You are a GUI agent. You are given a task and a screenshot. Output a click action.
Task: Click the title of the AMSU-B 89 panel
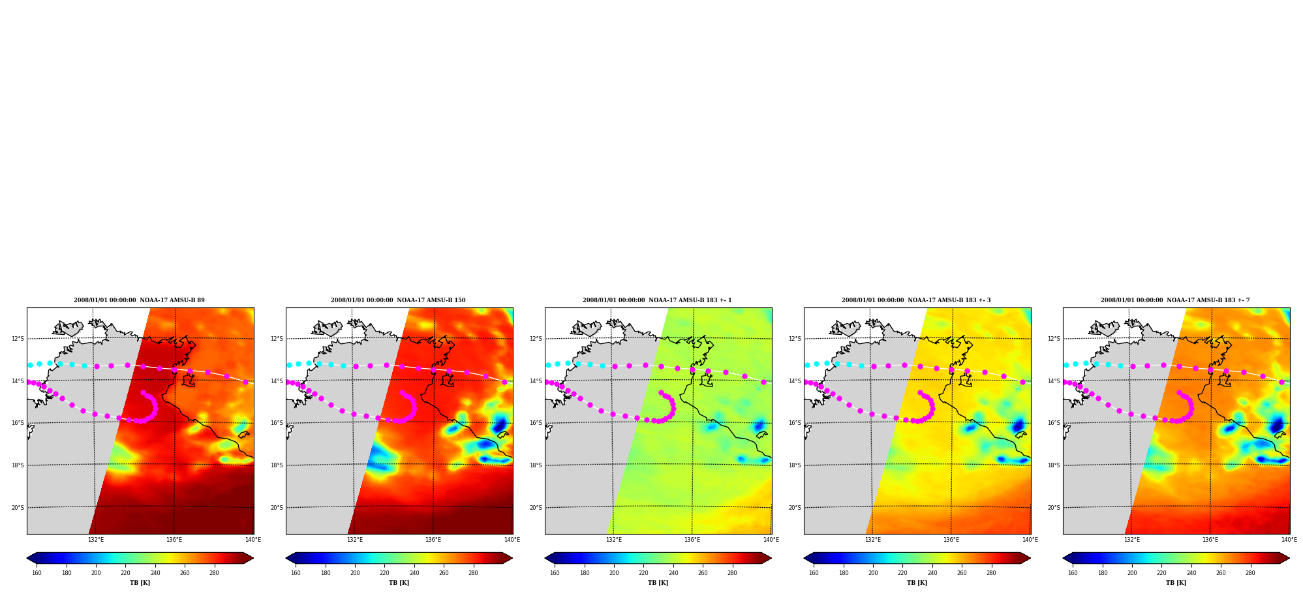click(x=139, y=300)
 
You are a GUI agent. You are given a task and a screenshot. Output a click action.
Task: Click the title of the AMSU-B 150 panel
click(x=398, y=300)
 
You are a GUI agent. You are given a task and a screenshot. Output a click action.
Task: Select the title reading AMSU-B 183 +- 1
click(x=657, y=300)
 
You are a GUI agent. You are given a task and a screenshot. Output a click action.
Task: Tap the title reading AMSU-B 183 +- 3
click(x=916, y=300)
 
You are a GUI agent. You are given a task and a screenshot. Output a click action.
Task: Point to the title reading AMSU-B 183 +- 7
click(x=1175, y=300)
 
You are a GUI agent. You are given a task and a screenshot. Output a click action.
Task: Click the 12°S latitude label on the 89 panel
click(x=18, y=339)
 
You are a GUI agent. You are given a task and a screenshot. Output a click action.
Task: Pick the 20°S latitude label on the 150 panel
click(x=277, y=508)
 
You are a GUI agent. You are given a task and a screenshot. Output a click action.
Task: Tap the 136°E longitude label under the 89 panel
click(x=174, y=540)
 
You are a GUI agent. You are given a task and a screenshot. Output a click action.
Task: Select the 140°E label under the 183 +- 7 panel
click(x=1289, y=540)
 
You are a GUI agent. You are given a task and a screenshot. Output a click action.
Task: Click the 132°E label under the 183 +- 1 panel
click(x=614, y=540)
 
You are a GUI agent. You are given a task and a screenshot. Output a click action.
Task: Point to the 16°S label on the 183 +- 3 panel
click(x=795, y=423)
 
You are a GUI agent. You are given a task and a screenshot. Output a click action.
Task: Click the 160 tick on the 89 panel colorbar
click(x=37, y=573)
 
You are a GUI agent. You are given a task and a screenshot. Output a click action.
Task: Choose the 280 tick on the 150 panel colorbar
click(x=473, y=573)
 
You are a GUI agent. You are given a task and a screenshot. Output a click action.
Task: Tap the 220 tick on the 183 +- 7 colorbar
click(x=1161, y=573)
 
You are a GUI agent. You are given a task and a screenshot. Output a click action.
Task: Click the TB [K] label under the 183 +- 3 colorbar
click(x=917, y=583)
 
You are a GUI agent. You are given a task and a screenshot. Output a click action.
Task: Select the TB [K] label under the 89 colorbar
click(x=140, y=583)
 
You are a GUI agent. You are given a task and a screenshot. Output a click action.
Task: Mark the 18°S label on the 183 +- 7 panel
click(x=1054, y=465)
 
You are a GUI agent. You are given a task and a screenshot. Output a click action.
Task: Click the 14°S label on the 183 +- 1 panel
click(x=536, y=381)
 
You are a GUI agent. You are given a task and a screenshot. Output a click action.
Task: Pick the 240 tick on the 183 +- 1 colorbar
click(x=673, y=573)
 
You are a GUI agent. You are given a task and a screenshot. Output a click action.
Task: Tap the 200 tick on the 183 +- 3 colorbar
click(x=873, y=573)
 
